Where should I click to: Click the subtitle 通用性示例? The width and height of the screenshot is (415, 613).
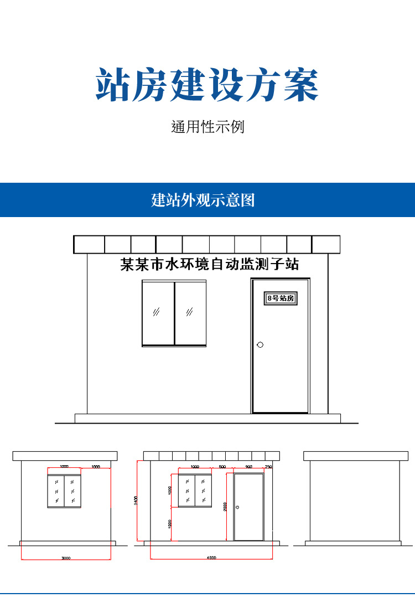pos(207,127)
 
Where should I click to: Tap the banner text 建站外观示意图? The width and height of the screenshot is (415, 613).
pos(203,200)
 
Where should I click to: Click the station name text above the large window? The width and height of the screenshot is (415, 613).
pos(210,265)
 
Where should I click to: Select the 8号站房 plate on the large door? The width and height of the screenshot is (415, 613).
pos(281,298)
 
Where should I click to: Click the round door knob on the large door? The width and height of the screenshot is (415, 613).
pos(260,345)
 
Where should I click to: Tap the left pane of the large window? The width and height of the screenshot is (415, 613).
pos(158,313)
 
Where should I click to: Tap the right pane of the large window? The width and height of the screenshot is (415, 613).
pos(190,313)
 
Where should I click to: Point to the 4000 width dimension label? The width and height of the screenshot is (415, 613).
pos(211,558)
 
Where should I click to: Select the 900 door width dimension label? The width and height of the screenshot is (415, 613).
pos(248,467)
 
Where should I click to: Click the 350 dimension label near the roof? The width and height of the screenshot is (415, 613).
pos(268,467)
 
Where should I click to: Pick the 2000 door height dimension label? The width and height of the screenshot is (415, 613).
pos(226,507)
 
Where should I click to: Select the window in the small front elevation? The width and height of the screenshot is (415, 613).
pos(195,491)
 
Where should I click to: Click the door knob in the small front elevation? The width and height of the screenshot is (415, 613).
pos(237,507)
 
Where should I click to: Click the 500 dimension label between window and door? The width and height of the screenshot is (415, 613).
pos(222,467)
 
